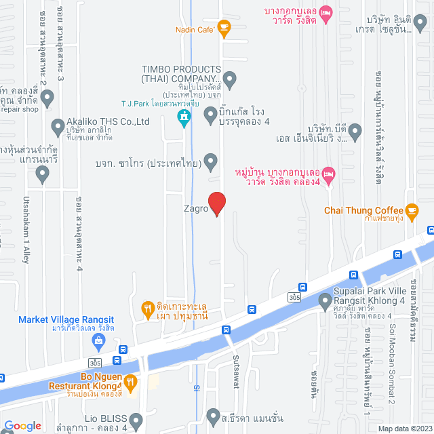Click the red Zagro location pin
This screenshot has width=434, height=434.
pyautogui.click(x=216, y=203)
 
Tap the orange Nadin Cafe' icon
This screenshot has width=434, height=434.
pyautogui.click(x=224, y=28)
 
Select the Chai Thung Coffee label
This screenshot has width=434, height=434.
pyautogui.click(x=363, y=210)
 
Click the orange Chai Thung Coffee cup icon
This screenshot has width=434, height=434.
pyautogui.click(x=411, y=210)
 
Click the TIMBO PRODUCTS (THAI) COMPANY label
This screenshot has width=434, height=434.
pyautogui.click(x=181, y=74)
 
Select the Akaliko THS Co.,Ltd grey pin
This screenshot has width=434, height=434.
pyautogui.click(x=58, y=126)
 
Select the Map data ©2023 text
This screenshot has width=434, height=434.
pyautogui.click(x=404, y=428)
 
